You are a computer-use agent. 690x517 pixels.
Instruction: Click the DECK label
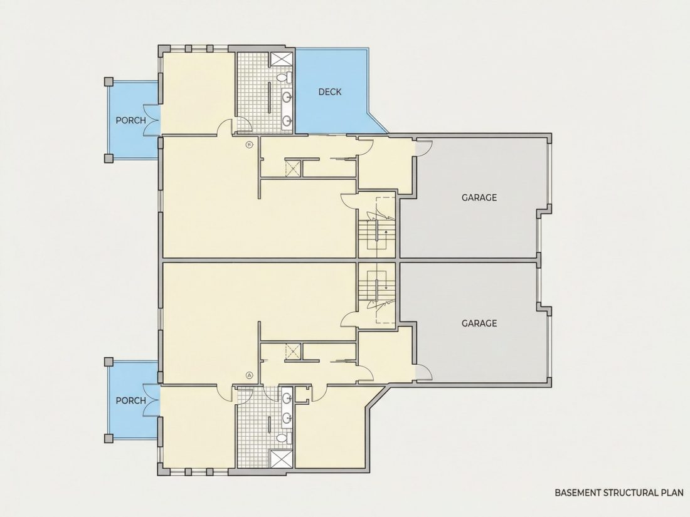329,92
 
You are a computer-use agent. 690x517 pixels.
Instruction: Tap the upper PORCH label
130,120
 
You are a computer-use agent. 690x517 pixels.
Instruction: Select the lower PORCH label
130,400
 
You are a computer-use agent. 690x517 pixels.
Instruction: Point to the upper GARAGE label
479,197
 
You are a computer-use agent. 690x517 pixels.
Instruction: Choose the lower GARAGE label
479,323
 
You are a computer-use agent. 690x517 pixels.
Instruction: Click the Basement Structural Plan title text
619,493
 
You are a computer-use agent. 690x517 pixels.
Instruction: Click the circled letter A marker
250,375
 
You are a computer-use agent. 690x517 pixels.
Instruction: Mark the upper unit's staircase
377,227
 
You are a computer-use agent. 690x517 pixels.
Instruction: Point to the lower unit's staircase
377,293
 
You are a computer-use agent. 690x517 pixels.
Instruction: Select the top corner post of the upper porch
109,81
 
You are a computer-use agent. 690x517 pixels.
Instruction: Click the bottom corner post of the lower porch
109,438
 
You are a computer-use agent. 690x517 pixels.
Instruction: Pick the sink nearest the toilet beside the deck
287,97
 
